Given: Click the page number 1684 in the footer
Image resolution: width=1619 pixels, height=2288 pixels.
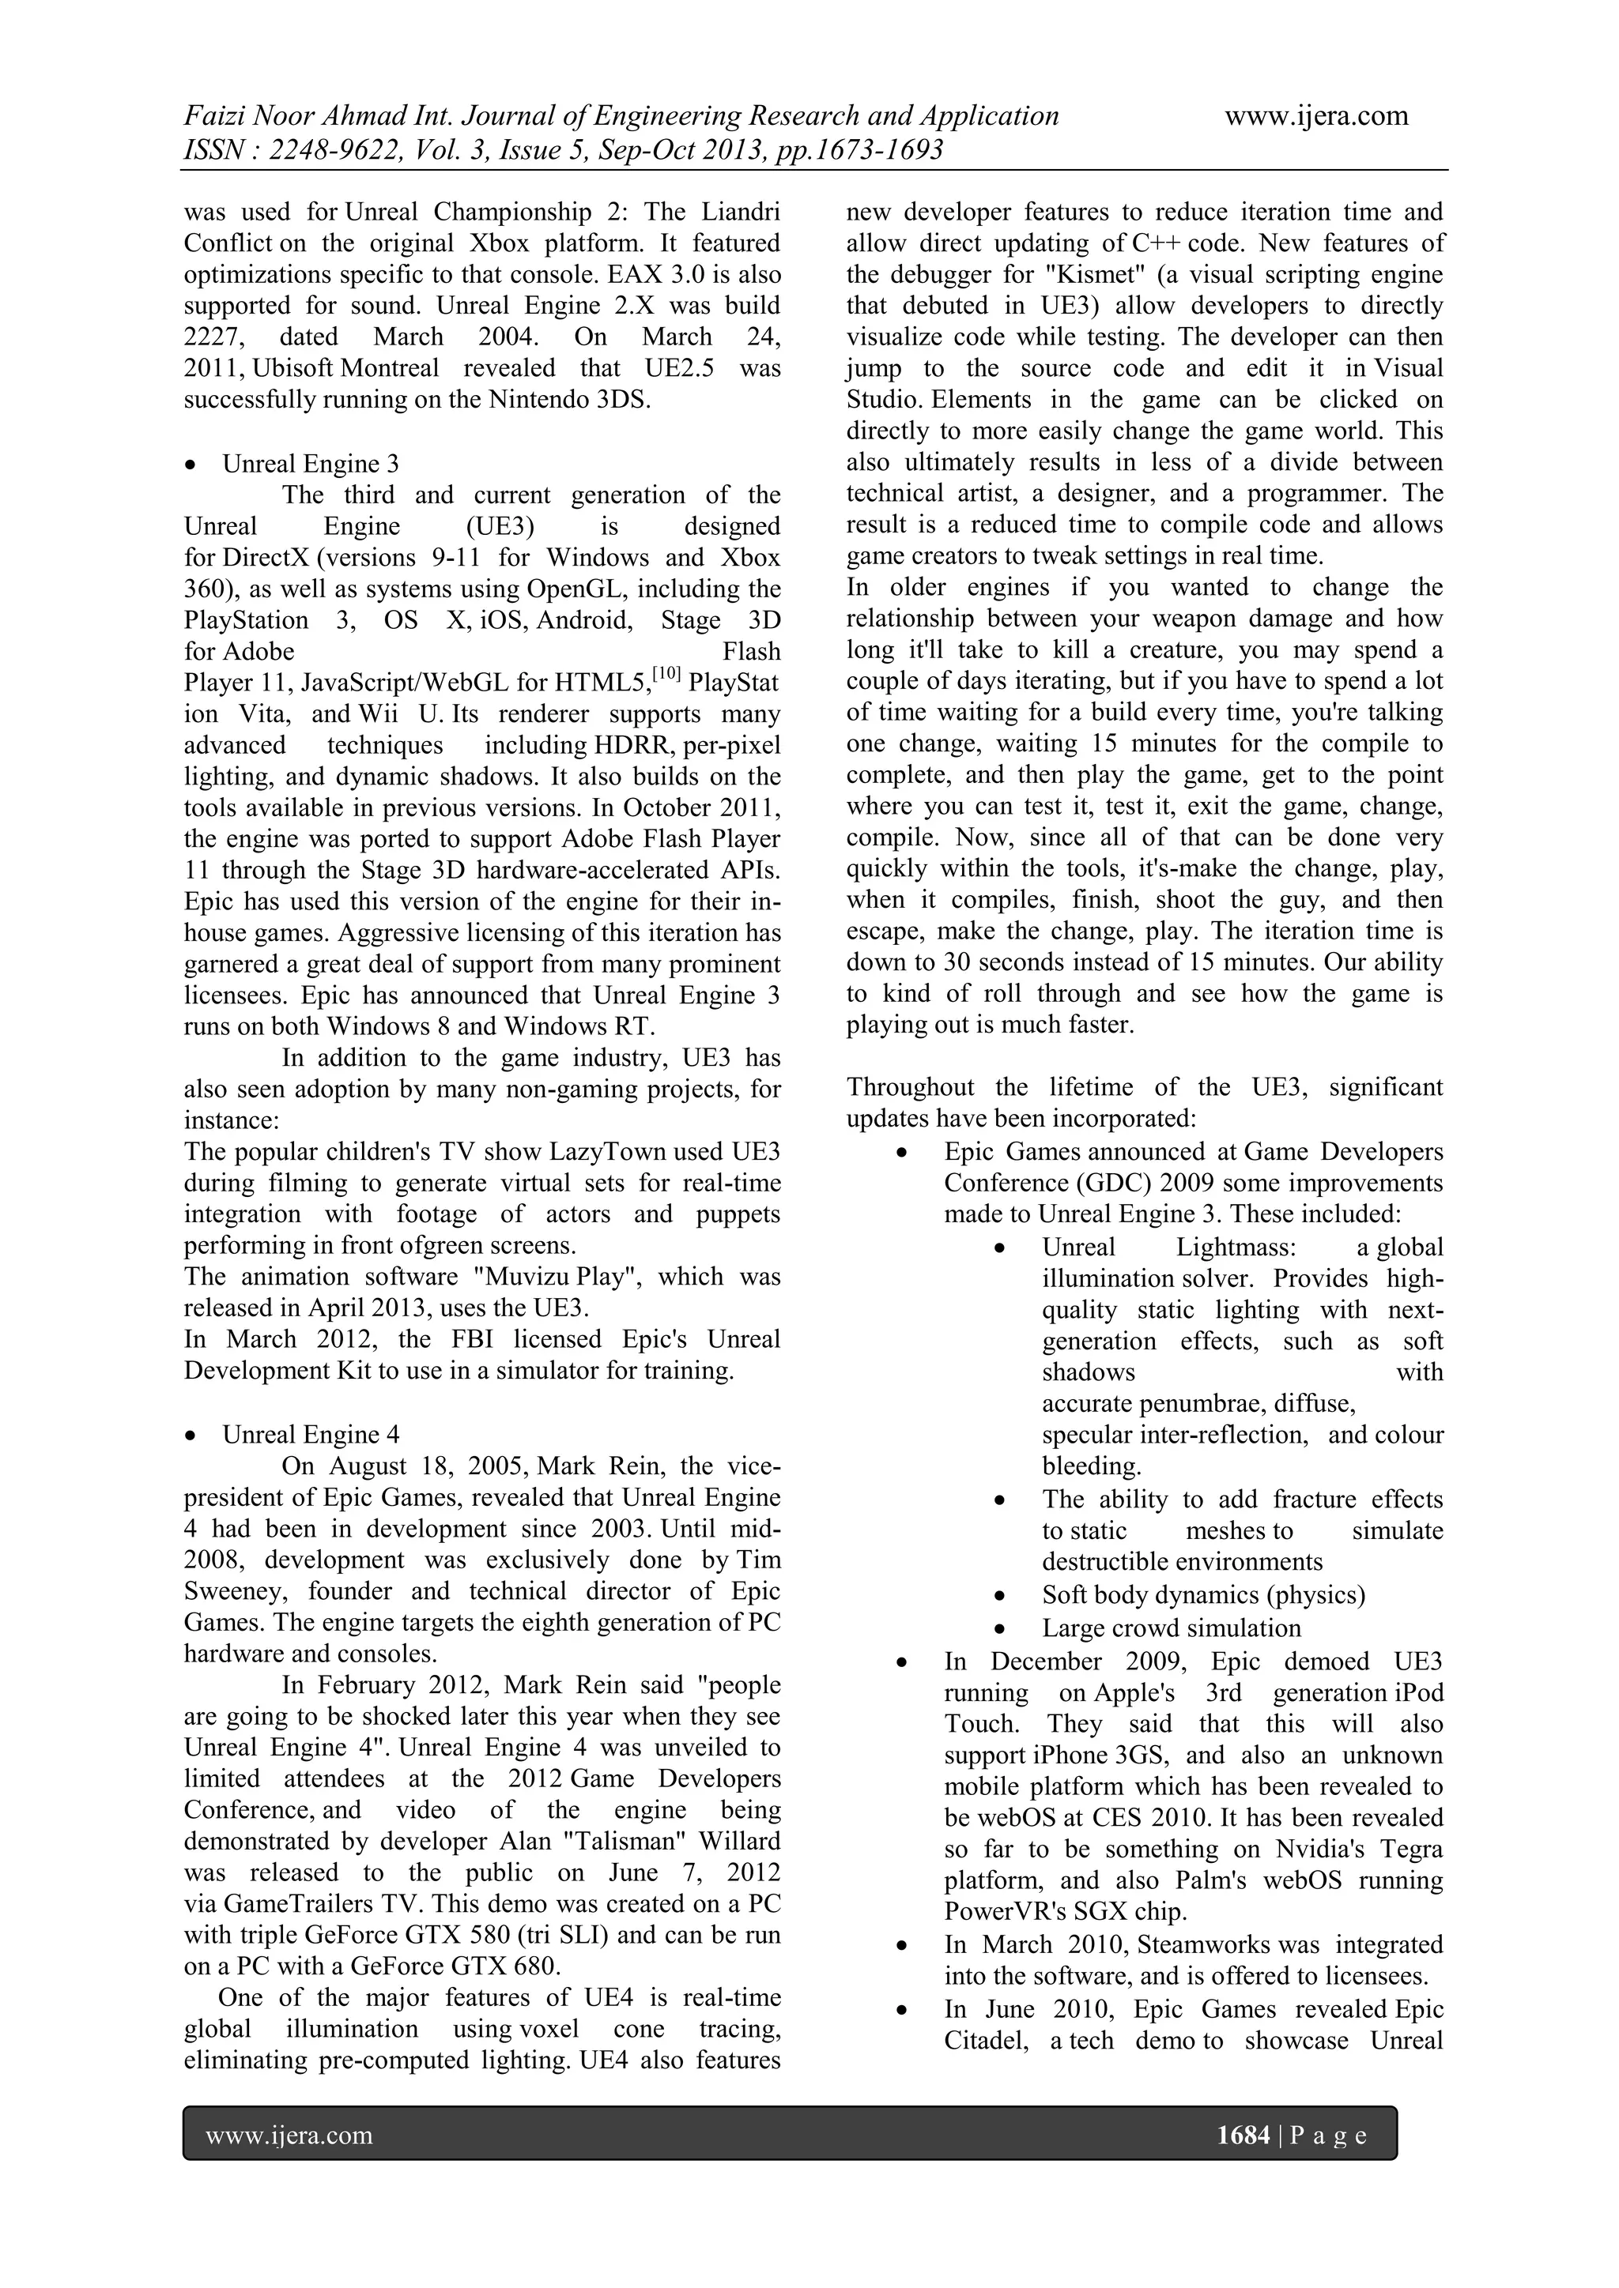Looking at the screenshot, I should (1243, 2135).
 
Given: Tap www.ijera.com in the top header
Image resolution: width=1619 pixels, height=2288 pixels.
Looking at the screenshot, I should (1316, 117).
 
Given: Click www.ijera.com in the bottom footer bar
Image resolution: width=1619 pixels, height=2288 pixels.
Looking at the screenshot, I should (289, 2135).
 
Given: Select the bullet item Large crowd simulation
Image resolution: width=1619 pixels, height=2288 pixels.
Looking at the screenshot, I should (1172, 1628).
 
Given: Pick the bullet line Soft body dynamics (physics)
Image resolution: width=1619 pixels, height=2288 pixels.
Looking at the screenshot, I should (1203, 1595).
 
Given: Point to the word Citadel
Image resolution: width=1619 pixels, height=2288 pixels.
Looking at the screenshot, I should (986, 2040).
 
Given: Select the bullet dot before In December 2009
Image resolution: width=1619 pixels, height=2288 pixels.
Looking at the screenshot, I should (901, 1663).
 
